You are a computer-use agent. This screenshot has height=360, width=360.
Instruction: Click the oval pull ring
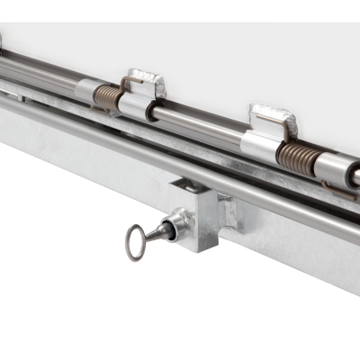[x=135, y=241]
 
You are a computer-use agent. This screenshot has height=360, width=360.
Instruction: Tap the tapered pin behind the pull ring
[x=159, y=231]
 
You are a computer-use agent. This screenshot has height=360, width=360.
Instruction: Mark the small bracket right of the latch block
[x=229, y=212]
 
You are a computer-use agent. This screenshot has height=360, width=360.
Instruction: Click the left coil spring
[x=107, y=97]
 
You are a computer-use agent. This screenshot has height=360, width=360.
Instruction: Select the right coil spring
[x=294, y=158]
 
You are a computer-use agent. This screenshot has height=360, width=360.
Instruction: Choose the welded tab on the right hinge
[x=273, y=119]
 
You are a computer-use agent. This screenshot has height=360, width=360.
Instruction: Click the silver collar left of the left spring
[x=86, y=92]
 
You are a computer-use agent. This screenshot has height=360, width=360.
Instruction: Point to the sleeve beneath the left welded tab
[x=138, y=106]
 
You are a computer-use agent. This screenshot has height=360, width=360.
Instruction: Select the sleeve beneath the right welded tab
[x=261, y=145]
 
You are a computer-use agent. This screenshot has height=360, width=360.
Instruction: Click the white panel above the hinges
[x=225, y=54]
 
